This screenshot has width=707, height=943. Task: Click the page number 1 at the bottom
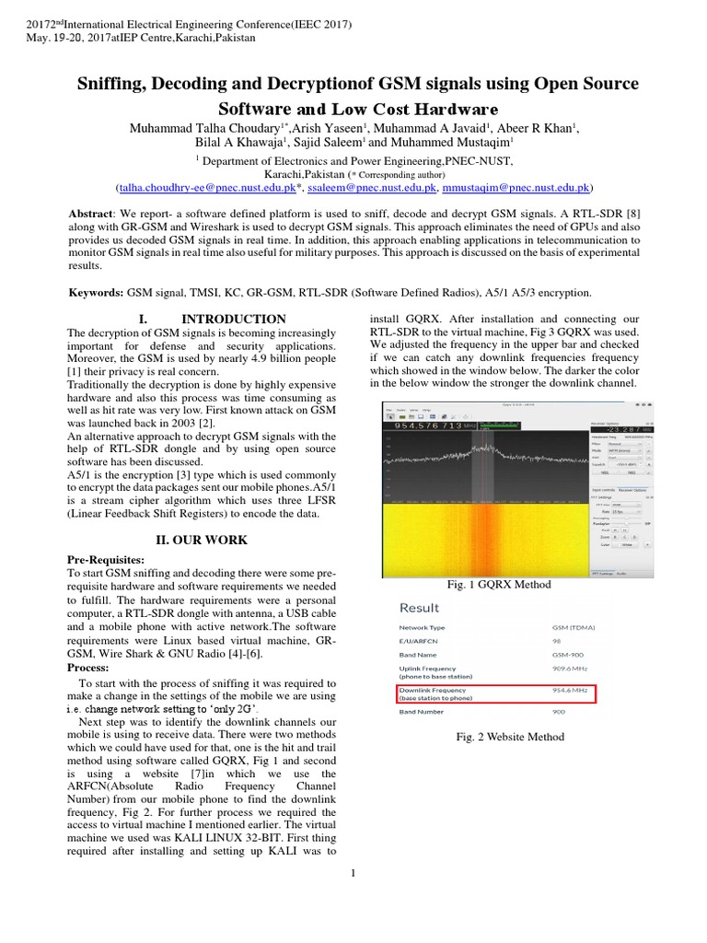(x=353, y=874)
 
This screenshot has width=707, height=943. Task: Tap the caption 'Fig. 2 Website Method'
(x=510, y=737)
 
